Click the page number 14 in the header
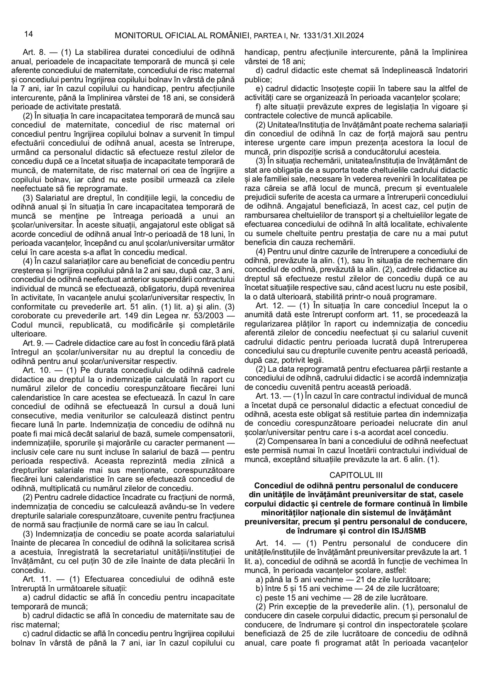(28, 34)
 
